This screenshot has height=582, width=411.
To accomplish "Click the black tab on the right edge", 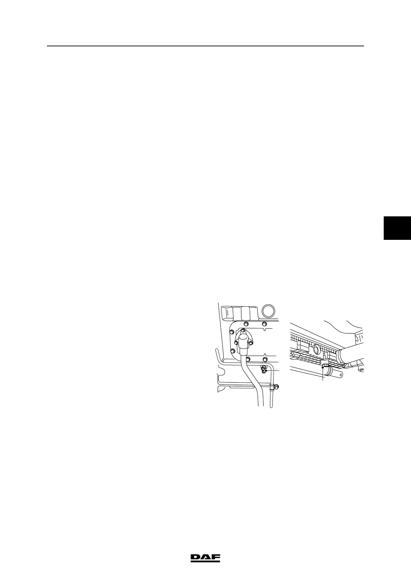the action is pyautogui.click(x=397, y=227).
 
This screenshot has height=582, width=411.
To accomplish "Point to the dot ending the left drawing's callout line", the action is pyautogui.click(x=266, y=371).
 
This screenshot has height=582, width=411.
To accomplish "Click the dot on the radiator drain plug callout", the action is pyautogui.click(x=323, y=367).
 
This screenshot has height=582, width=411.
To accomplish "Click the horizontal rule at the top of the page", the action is pyautogui.click(x=205, y=46).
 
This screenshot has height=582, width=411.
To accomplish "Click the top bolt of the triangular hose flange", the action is pyautogui.click(x=243, y=330).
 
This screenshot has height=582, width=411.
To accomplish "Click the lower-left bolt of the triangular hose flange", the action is pyautogui.click(x=236, y=343).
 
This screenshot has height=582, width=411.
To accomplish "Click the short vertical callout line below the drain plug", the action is pyautogui.click(x=323, y=375).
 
